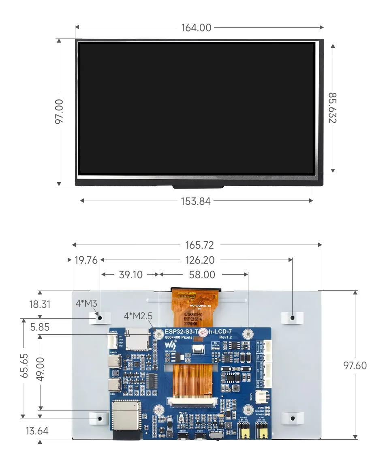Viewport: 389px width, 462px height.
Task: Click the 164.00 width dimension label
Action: click(196, 28)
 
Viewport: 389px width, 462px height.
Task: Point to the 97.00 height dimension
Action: click(59, 112)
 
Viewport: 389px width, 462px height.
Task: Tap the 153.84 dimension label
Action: click(196, 201)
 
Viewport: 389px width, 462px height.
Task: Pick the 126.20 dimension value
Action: click(200, 260)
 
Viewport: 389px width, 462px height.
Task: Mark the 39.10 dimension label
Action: click(130, 275)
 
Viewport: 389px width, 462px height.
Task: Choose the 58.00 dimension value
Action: click(202, 275)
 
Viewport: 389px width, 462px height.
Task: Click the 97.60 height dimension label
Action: click(355, 365)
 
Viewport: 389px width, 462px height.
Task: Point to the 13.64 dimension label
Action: click(37, 431)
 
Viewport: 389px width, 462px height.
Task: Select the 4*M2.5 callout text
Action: click(138, 316)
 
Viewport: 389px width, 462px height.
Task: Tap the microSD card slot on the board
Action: click(137, 339)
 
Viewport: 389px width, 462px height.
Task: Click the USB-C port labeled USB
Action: click(114, 385)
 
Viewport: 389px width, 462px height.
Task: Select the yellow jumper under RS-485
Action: click(244, 432)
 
